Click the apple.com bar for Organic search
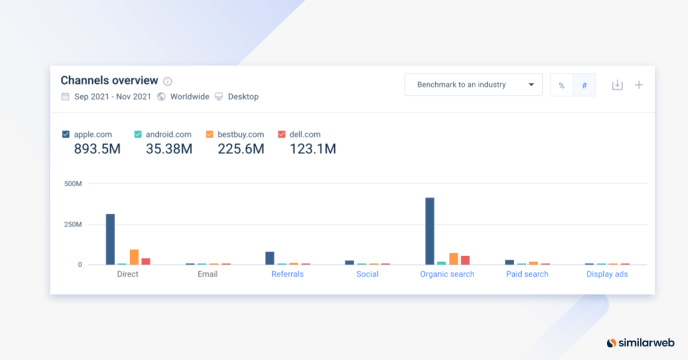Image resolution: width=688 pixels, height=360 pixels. pos(429,231)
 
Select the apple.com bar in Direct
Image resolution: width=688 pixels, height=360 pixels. pos(110,239)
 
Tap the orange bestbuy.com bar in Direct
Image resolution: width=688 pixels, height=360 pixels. pos(134,257)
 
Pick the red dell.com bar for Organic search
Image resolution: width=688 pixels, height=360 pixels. pos(465,260)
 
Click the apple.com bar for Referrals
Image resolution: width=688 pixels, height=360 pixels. pos(269,258)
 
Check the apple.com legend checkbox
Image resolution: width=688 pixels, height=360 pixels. pos(66,134)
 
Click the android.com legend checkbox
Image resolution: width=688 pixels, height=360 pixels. pos(138,134)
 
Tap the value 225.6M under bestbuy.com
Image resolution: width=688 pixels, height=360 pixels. pos(241,149)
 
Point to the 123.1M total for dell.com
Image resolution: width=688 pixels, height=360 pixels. pos(312,149)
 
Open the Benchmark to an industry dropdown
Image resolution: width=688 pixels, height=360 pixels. pos(473,85)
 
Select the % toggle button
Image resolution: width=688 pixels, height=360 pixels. pos(561,85)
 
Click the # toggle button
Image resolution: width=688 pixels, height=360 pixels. pos(584,85)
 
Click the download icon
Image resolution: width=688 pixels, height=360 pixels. pos(617,85)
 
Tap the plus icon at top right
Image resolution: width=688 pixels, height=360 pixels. pos(639,85)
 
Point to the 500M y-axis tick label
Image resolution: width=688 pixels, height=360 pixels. pos(73,183)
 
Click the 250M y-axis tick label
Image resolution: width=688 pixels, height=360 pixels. pos(73,224)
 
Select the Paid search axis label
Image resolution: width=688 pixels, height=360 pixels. pos(527,274)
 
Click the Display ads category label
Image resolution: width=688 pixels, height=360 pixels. pos(607,274)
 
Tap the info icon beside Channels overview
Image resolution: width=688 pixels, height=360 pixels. pos(167,81)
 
